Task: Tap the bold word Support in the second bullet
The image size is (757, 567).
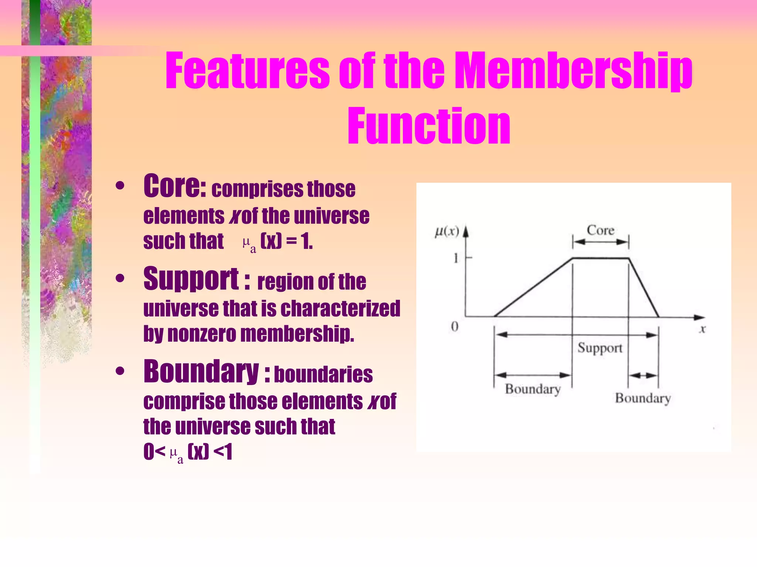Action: point(191,279)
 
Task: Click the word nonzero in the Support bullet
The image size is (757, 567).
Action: point(202,334)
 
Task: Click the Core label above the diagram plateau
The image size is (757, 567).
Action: point(601,230)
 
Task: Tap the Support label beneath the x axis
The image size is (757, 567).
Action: point(600,348)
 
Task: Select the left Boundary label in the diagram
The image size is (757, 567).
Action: point(533,389)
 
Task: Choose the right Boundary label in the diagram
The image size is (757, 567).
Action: point(643,398)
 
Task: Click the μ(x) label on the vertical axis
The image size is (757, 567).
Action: point(447,232)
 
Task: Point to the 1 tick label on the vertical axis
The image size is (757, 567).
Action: point(456,258)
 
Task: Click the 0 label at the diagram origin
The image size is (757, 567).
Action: point(455,326)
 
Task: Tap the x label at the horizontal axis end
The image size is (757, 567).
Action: point(702,329)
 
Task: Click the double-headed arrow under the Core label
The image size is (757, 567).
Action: point(601,242)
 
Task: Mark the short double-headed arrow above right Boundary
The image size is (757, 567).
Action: point(644,376)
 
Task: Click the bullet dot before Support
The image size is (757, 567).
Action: point(120,279)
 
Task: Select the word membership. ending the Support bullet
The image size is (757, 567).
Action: point(297,334)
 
